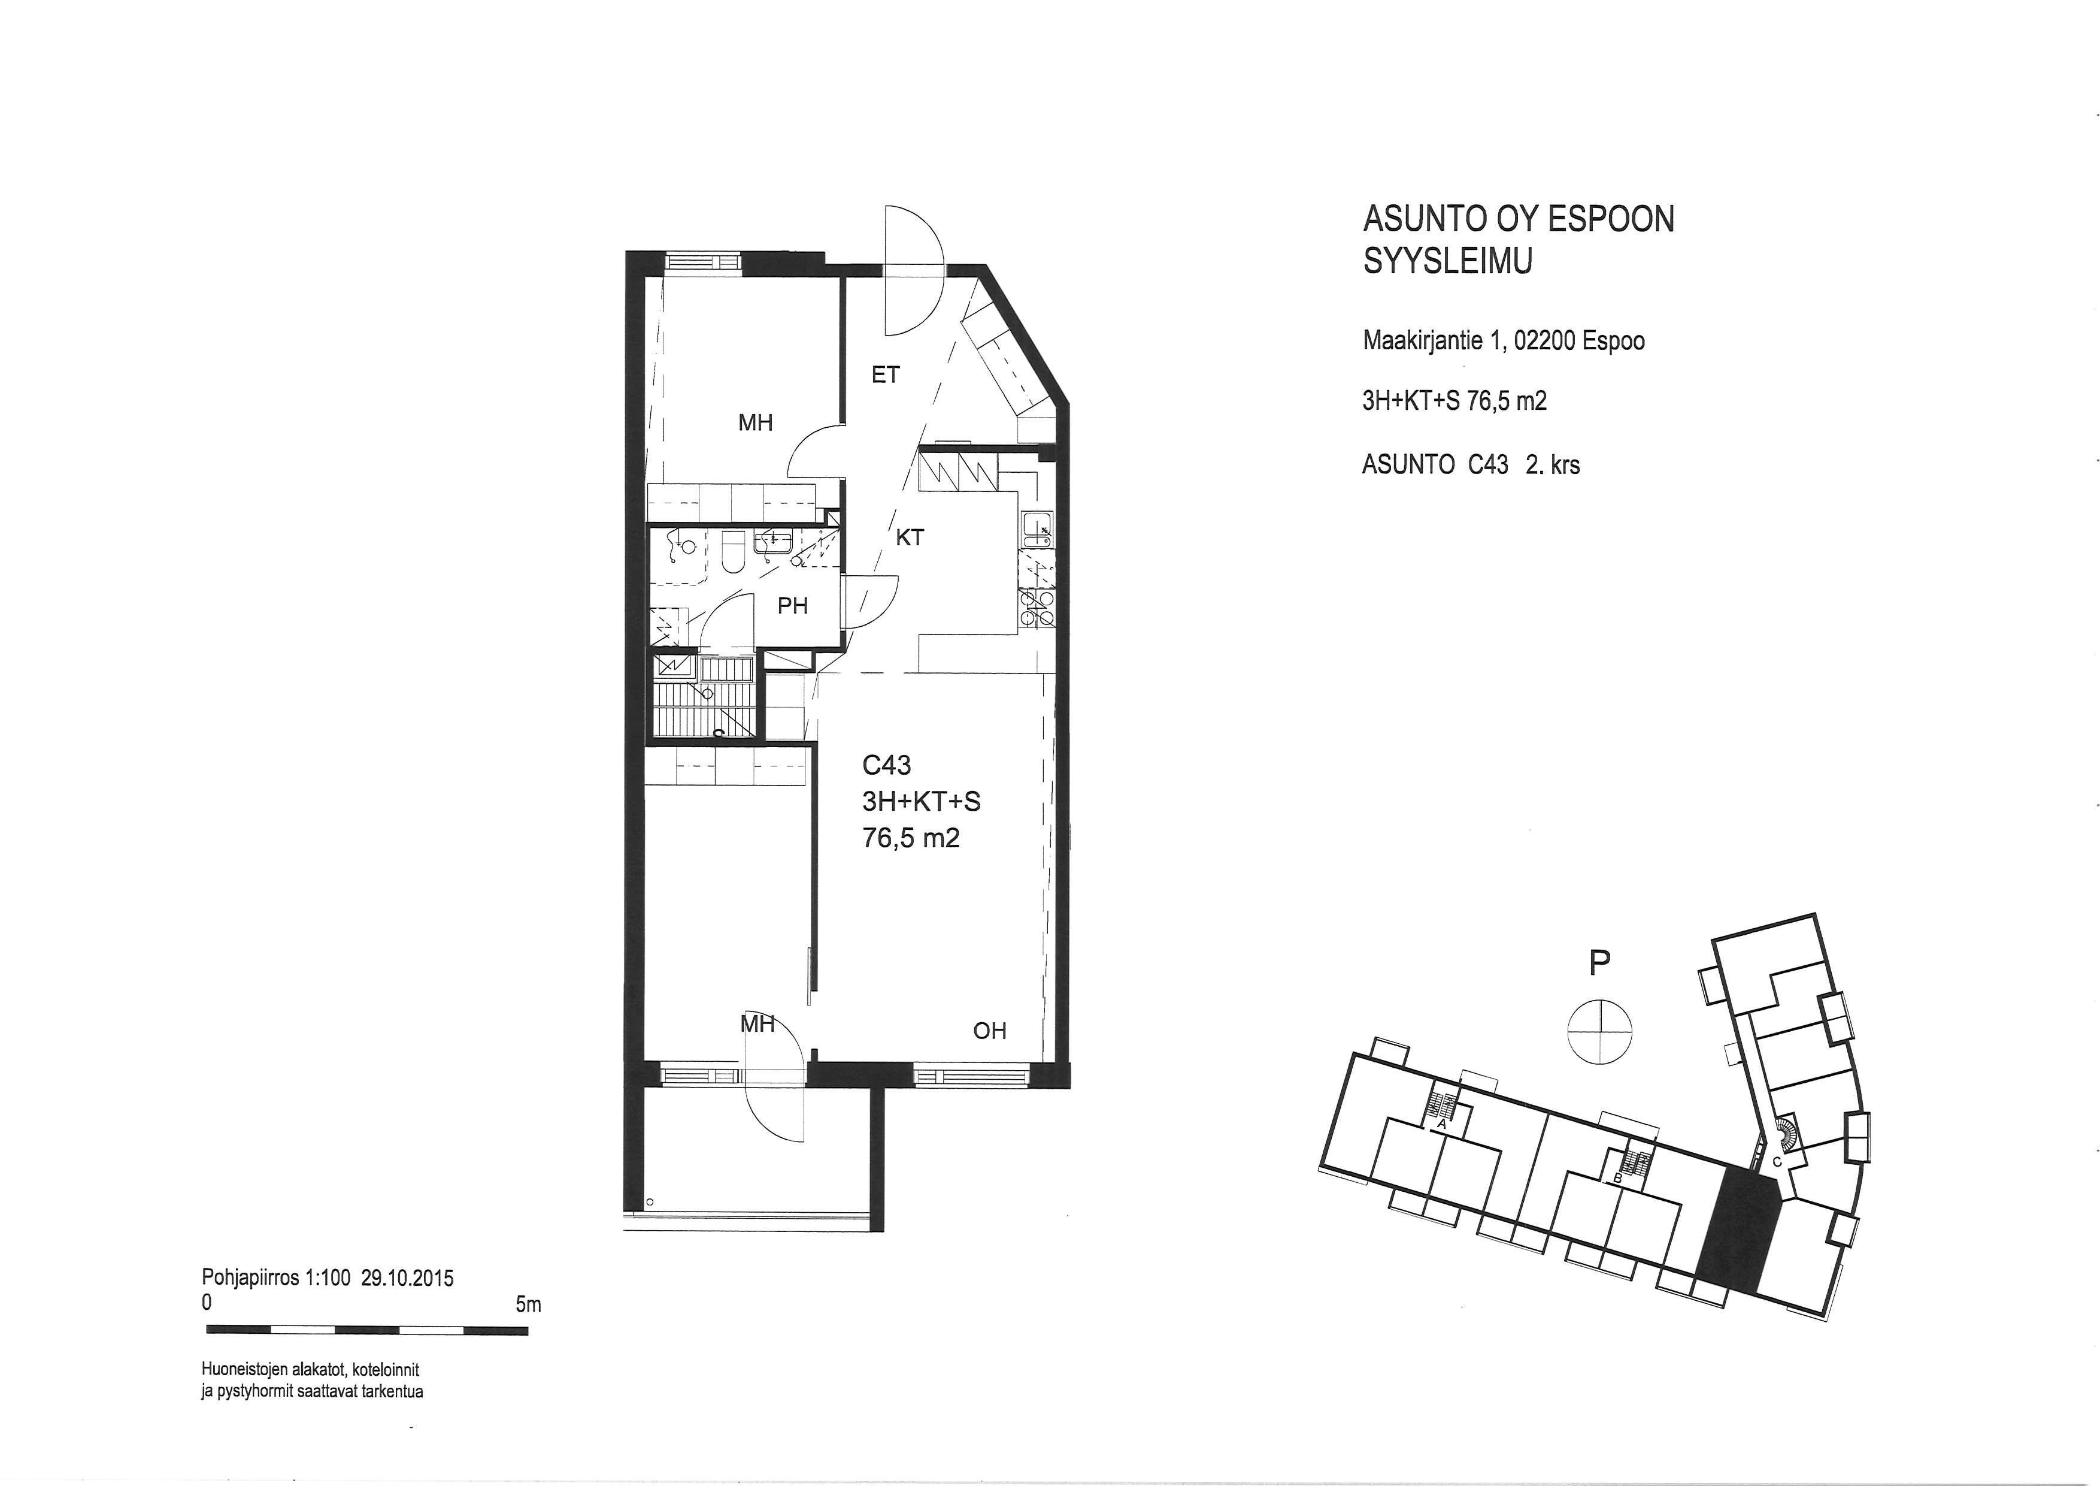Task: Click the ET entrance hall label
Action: (x=886, y=374)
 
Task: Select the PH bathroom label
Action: (x=792, y=606)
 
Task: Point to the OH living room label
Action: (x=990, y=1031)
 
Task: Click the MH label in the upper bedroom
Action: (x=756, y=423)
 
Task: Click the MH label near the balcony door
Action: (x=757, y=1024)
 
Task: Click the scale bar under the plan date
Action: (x=367, y=1330)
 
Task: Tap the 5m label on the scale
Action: (x=528, y=1305)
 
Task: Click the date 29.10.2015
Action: (x=407, y=1278)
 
